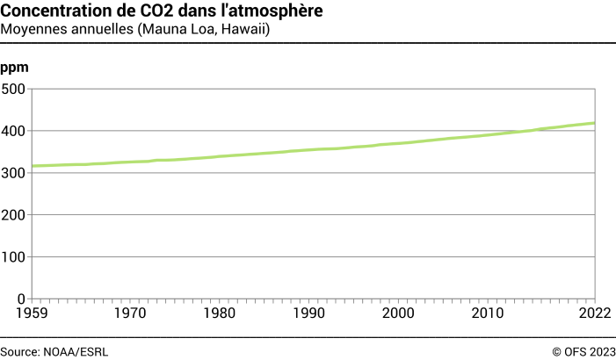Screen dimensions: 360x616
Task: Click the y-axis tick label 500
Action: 13,89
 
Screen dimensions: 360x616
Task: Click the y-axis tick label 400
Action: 13,131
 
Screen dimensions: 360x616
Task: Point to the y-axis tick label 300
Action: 13,173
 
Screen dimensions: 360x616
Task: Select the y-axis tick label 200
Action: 13,215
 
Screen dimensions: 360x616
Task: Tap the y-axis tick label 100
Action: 13,257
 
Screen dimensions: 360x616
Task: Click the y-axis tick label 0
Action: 21,299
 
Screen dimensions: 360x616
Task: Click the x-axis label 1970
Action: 129,313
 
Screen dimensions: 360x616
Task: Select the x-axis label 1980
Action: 219,313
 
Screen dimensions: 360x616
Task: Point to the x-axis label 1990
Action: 308,313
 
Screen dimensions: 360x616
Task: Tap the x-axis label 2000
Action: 398,313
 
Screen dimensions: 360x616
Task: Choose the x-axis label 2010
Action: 488,313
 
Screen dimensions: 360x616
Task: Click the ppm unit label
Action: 13,68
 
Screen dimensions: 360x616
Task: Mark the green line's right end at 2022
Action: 595,123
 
